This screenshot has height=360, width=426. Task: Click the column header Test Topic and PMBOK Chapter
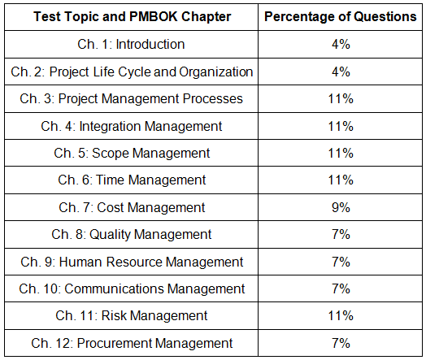[133, 17]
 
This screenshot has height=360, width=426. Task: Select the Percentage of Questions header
[341, 17]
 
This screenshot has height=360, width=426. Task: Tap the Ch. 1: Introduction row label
[131, 44]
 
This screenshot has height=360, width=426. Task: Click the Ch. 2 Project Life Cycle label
[132, 72]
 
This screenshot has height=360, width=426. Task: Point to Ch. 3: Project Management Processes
[131, 99]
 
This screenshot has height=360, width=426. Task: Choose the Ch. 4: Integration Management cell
[132, 127]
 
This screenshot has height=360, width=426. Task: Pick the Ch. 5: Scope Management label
[132, 154]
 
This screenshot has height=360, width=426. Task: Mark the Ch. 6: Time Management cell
[132, 180]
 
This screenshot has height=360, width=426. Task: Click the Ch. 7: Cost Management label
[132, 208]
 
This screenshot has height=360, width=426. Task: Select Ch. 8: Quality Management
[132, 235]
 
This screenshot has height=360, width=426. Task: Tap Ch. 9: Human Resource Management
[132, 262]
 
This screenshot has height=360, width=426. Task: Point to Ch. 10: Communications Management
[132, 289]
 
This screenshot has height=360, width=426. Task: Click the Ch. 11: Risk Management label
[132, 316]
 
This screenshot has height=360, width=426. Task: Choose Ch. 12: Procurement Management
[132, 344]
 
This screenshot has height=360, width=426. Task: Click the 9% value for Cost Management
[341, 208]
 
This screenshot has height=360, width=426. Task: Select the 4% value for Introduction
[341, 44]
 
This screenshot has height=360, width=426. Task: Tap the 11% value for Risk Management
[341, 316]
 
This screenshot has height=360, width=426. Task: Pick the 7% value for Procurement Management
[341, 343]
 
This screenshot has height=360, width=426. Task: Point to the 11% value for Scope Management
[341, 153]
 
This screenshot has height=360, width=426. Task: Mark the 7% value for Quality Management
[341, 235]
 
